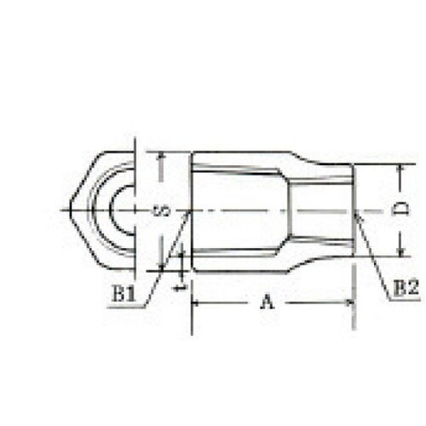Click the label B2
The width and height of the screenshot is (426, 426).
[x=406, y=288]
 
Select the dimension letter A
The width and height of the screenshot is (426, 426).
[x=268, y=302]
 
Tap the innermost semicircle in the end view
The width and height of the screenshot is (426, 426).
[x=118, y=210]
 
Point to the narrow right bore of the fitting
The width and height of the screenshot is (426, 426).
[x=319, y=210]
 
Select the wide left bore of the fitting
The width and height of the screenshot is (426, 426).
[x=239, y=210]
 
